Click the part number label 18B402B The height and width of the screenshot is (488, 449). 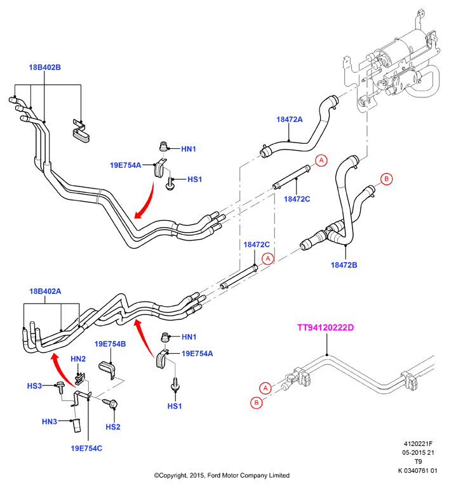(x=44, y=67)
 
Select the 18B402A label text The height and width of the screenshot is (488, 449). (x=45, y=291)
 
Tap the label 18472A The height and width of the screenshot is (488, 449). (x=290, y=120)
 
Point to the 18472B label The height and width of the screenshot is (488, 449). (x=344, y=265)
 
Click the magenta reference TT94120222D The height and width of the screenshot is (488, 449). (x=325, y=328)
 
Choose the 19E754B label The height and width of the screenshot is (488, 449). (x=110, y=344)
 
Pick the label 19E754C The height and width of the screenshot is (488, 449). (x=86, y=448)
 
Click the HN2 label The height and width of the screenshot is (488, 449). (x=78, y=359)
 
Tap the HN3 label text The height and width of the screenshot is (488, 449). (x=50, y=421)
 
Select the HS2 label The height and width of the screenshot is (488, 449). (x=113, y=427)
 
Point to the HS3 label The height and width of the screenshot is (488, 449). (x=34, y=386)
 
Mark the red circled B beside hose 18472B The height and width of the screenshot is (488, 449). (x=387, y=179)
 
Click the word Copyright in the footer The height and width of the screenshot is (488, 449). (x=172, y=475)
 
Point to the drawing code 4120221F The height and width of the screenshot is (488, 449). (x=418, y=444)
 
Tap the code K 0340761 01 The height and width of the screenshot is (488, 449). (x=418, y=470)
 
